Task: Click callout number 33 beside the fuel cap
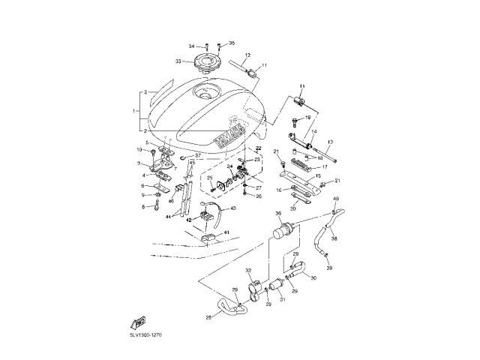pyautogui.click(x=179, y=61)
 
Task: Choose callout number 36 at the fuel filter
pyautogui.click(x=278, y=214)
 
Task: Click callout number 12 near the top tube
pyautogui.click(x=247, y=55)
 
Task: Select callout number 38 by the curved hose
pyautogui.click(x=334, y=240)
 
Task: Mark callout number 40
pyautogui.click(x=335, y=199)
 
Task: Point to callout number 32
pyautogui.click(x=247, y=270)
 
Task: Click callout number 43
pyautogui.click(x=232, y=208)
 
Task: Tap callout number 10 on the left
pyautogui.click(x=139, y=151)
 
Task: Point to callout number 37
pyautogui.click(x=198, y=156)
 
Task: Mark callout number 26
pyautogui.click(x=259, y=196)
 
